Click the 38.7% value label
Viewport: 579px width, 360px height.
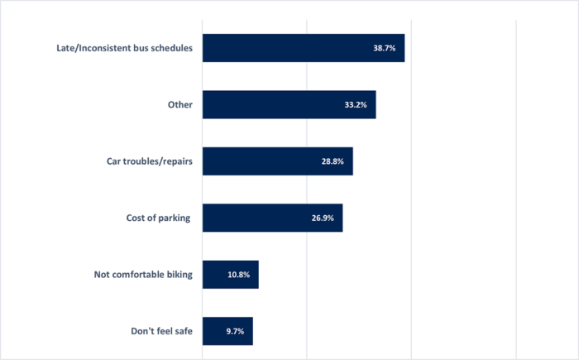(x=384, y=49)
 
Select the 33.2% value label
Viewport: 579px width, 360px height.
(x=356, y=105)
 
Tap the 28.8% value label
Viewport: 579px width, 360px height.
(x=333, y=161)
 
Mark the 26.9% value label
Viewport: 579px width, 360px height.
(x=323, y=218)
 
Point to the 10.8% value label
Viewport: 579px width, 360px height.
(x=238, y=275)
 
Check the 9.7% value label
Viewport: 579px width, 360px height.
(x=234, y=331)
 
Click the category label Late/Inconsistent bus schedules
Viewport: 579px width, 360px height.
(x=122, y=48)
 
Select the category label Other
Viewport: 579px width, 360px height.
(x=179, y=104)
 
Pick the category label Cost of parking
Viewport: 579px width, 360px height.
(x=153, y=218)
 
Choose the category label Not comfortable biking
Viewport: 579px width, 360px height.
(x=142, y=274)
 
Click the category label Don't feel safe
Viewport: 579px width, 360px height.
(x=161, y=331)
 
